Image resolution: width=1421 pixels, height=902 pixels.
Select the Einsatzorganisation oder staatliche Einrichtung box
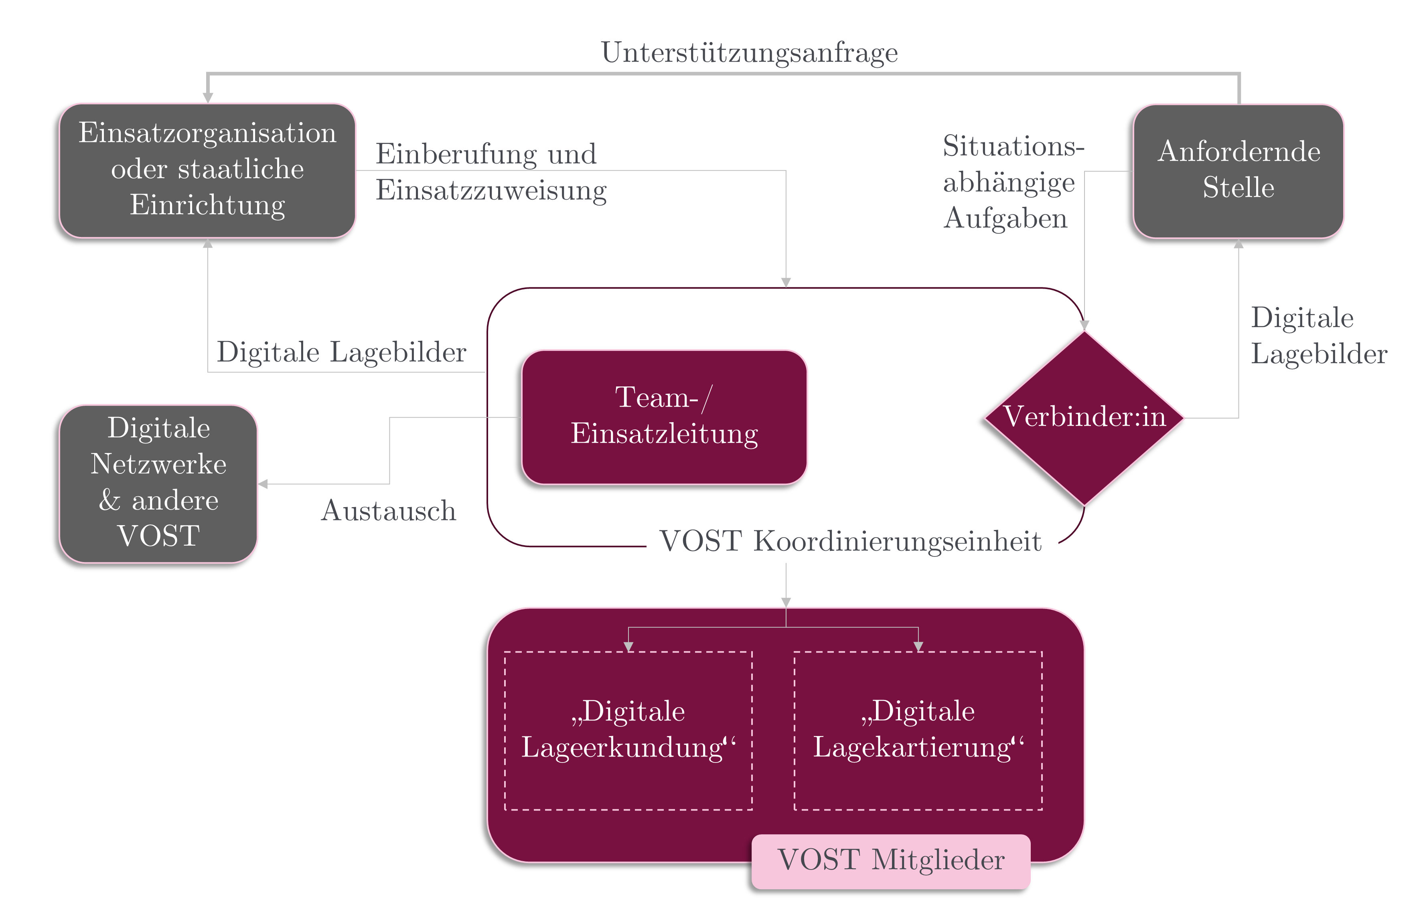click(207, 170)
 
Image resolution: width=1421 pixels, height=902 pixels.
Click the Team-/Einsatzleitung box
click(664, 417)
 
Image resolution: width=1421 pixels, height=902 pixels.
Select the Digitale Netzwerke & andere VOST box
click(158, 483)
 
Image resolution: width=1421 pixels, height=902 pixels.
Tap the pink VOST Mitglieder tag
click(890, 860)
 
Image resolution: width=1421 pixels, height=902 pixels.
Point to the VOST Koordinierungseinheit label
click(850, 541)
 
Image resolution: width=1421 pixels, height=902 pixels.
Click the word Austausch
click(388, 510)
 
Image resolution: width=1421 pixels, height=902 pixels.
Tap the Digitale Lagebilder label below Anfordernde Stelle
click(1318, 336)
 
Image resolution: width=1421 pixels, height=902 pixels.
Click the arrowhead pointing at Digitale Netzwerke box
click(263, 484)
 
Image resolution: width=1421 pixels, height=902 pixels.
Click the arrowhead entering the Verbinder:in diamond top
click(1084, 324)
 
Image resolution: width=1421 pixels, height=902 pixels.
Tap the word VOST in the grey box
click(158, 536)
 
